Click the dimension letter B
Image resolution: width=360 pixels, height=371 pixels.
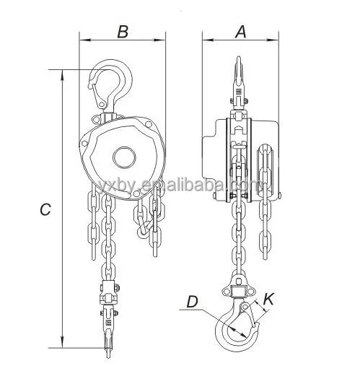click(123, 32)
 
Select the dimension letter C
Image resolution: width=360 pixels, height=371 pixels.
click(45, 209)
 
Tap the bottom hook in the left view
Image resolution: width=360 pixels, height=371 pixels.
click(108, 339)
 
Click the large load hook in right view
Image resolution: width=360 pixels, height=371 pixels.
click(237, 324)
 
